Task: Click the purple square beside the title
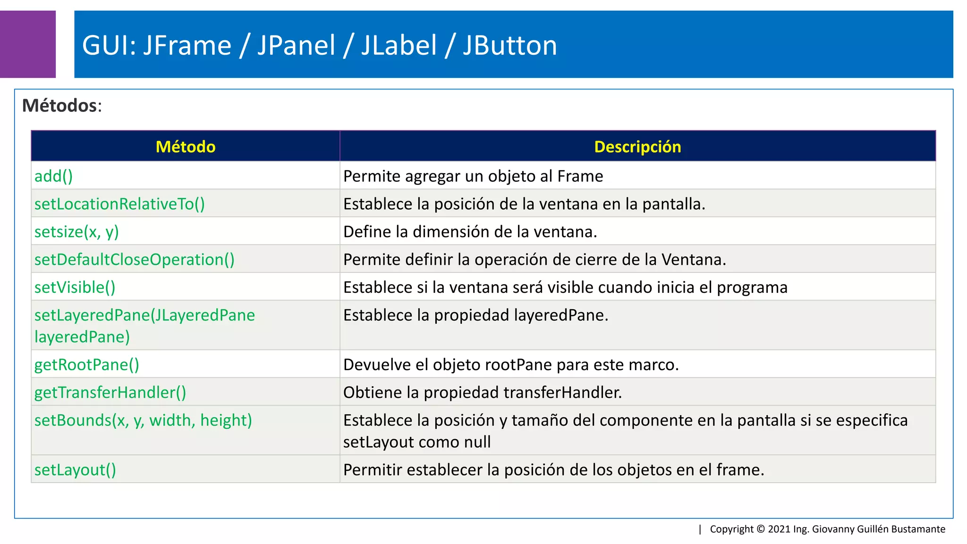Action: point(27,44)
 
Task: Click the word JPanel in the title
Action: point(296,45)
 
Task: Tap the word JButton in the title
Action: point(509,45)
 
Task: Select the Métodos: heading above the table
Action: point(62,105)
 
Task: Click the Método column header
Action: point(186,147)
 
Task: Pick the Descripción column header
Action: point(637,147)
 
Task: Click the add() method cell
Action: point(54,176)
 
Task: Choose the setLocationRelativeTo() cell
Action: point(119,204)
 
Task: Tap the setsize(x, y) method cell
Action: point(76,232)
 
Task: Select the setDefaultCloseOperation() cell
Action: point(134,260)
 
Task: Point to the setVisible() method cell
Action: point(75,288)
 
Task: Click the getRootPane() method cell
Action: point(86,365)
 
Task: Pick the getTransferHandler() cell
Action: point(110,392)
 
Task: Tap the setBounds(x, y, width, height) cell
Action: point(143,420)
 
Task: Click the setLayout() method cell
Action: point(75,470)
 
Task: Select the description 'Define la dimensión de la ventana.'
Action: point(470,232)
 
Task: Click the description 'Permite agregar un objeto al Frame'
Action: point(473,176)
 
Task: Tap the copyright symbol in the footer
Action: point(761,529)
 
